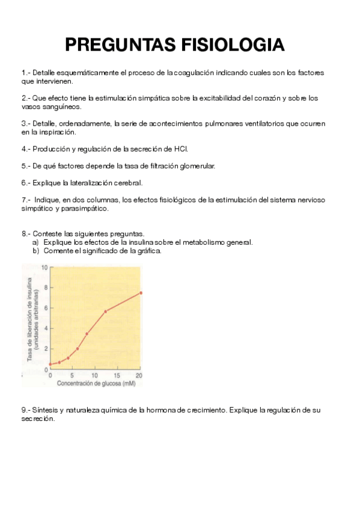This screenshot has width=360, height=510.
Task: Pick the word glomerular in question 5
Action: click(195, 165)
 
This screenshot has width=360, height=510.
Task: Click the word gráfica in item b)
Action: click(148, 251)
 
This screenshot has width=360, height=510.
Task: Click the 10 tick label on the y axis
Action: click(44, 268)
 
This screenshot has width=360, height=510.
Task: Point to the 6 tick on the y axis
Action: click(46, 308)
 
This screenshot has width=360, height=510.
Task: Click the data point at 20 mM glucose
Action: click(141, 293)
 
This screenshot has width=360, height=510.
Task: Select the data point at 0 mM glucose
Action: click(50, 364)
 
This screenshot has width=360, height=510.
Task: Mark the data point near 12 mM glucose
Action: click(105, 312)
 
